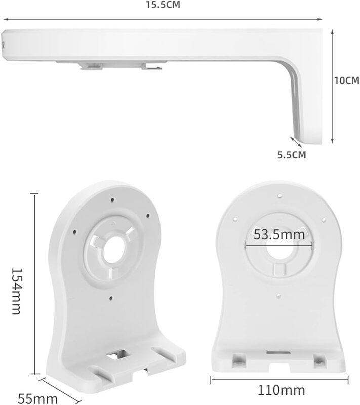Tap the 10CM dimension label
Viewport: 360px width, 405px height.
[346, 80]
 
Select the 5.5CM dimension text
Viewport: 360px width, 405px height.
[292, 155]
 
